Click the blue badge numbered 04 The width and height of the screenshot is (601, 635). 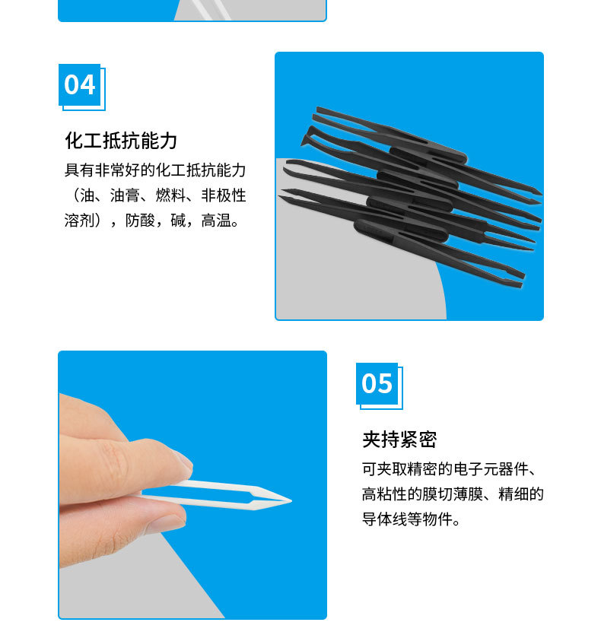79,84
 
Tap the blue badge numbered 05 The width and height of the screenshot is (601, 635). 377,383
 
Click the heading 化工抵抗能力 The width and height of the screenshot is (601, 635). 121,141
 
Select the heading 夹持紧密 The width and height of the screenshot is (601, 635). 399,440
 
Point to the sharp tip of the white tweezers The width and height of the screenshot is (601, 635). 290,500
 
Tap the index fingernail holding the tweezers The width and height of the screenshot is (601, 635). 182,459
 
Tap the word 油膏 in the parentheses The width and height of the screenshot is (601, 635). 122,195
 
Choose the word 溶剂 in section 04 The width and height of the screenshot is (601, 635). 79,221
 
